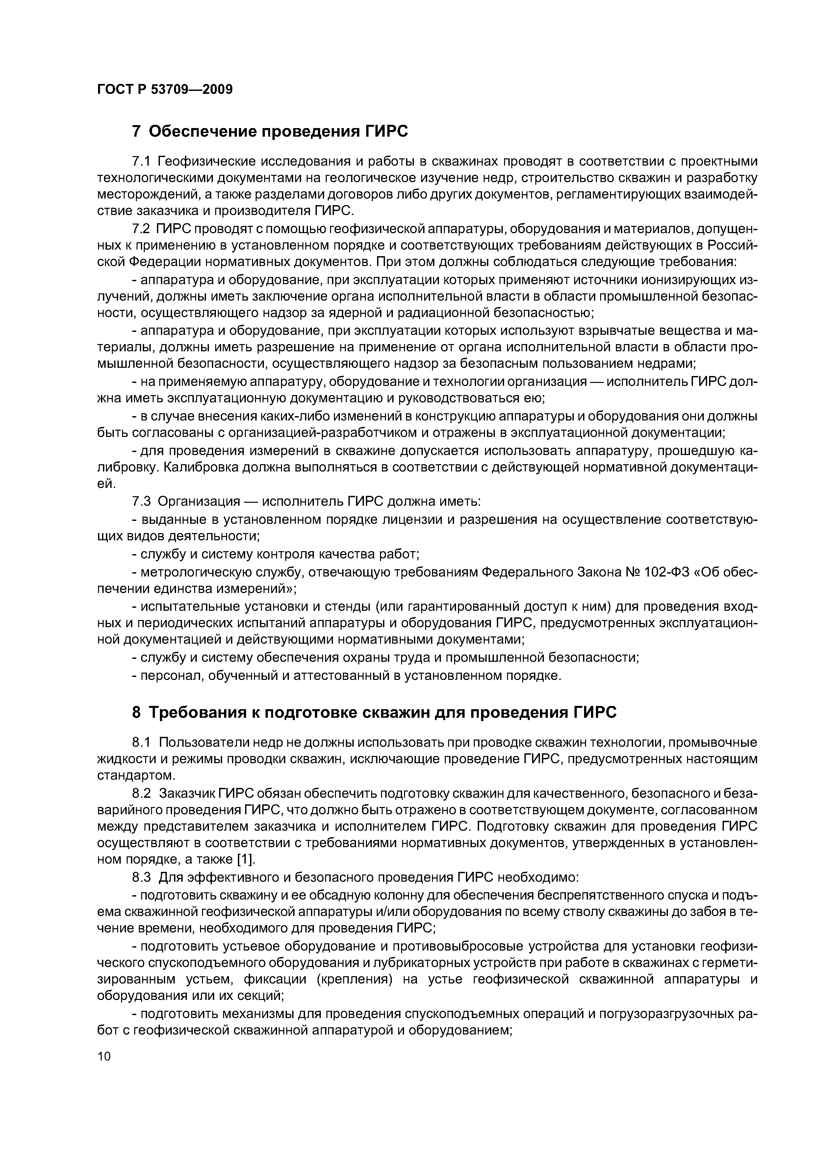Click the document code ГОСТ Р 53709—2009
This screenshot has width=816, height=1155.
point(165,90)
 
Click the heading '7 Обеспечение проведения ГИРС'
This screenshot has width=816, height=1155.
point(270,131)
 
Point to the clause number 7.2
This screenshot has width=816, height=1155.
point(141,229)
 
